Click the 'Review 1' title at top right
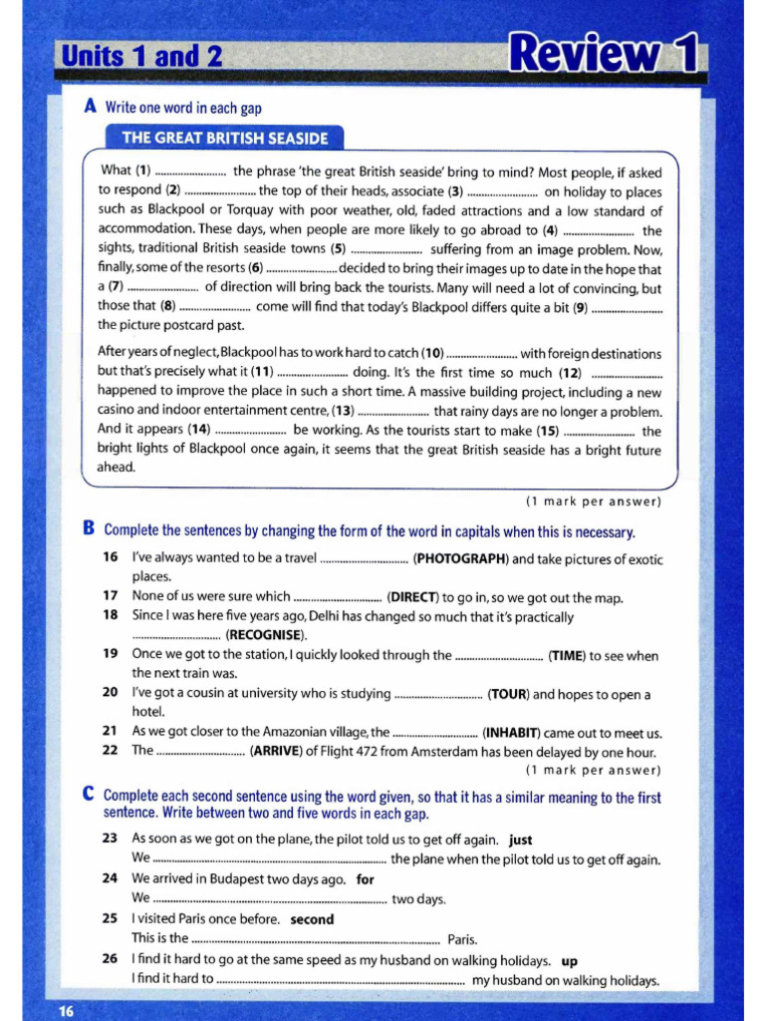coord(602,54)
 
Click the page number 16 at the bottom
coord(66,1011)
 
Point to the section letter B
coord(89,529)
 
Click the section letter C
coord(89,795)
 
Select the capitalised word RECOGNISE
coord(266,635)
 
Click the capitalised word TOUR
coord(508,694)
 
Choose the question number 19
coord(111,655)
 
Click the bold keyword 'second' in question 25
coord(312,919)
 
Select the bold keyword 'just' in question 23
coord(520,840)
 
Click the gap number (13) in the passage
coord(343,411)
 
